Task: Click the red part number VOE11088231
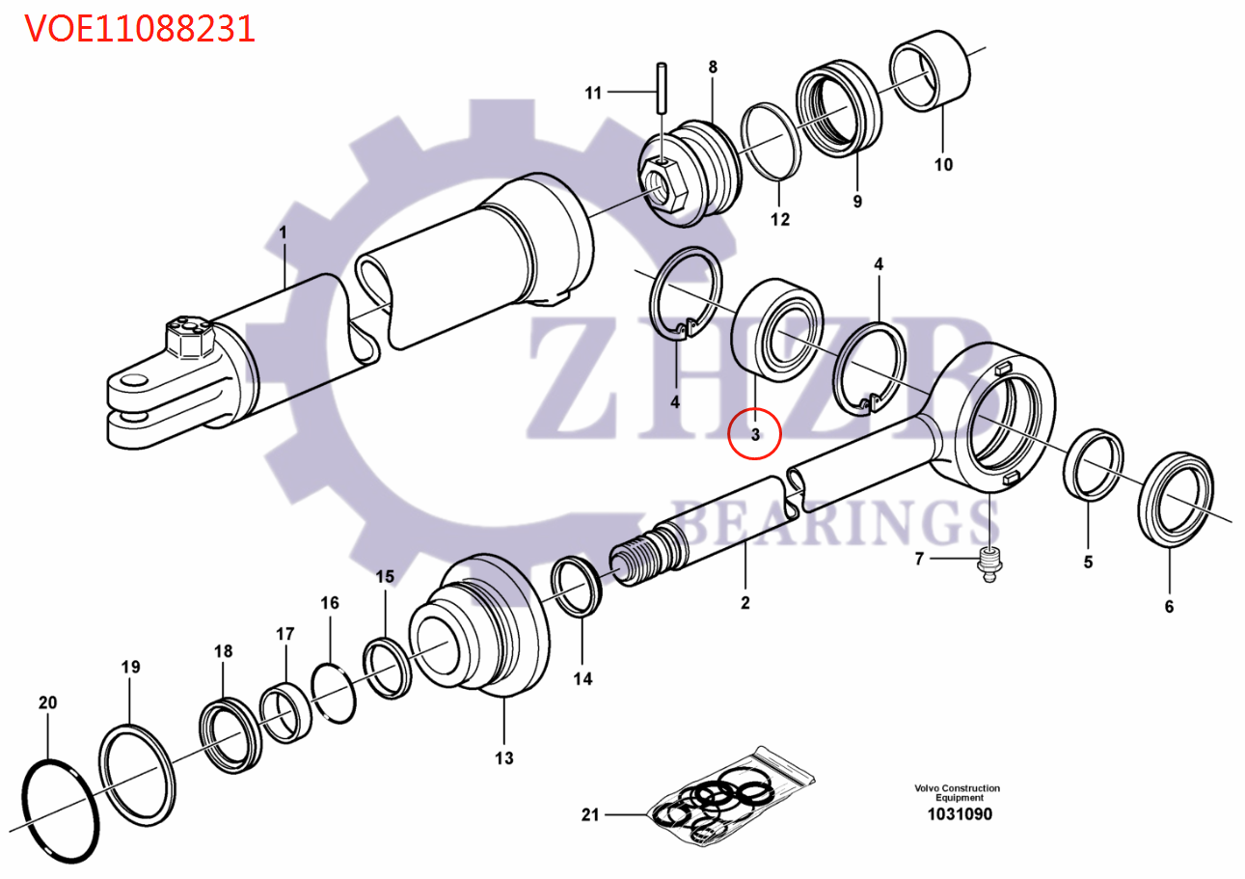pyautogui.click(x=140, y=28)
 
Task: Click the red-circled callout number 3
pyautogui.click(x=755, y=434)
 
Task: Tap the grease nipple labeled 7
pyautogui.click(x=988, y=563)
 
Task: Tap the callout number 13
pyautogui.click(x=504, y=757)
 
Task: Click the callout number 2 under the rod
pyautogui.click(x=744, y=604)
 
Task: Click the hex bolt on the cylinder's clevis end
pyautogui.click(x=191, y=337)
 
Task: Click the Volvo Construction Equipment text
pyautogui.click(x=958, y=793)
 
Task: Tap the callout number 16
pyautogui.click(x=329, y=603)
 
